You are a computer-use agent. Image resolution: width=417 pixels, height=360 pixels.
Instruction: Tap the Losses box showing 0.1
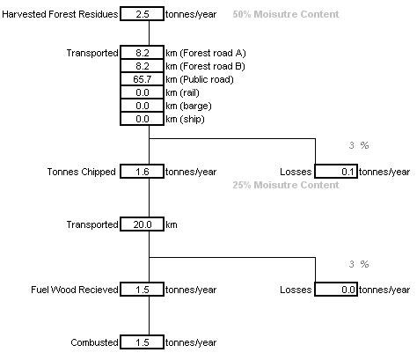336,172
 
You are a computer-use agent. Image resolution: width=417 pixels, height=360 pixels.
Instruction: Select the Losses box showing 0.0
336,290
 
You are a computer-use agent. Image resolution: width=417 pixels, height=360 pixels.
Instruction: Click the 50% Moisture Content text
286,15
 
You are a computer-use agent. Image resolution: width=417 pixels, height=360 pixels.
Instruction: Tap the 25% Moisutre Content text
286,186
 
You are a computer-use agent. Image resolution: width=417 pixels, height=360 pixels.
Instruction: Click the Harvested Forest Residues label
60,15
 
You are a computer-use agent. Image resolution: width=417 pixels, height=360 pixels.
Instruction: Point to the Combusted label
94,342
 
